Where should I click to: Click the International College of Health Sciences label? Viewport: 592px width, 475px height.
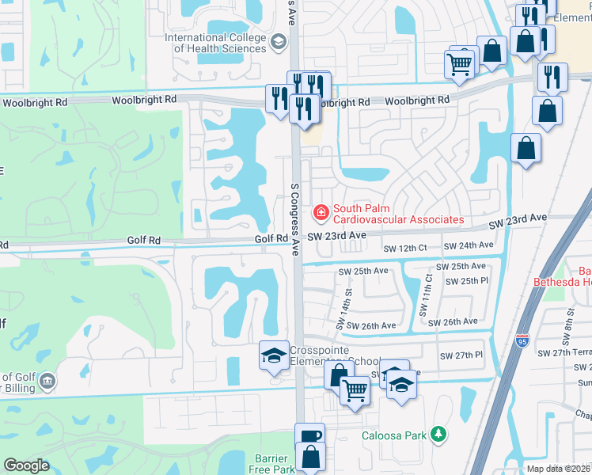pyautogui.click(x=215, y=43)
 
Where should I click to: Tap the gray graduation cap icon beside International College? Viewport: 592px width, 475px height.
pyautogui.click(x=278, y=42)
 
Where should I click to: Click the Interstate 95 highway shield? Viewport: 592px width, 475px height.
pyautogui.click(x=522, y=342)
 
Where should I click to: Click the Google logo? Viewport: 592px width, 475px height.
pyautogui.click(x=26, y=465)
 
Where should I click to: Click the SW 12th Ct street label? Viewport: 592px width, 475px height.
pyautogui.click(x=404, y=249)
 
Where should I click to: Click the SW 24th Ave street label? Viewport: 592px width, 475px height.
pyautogui.click(x=464, y=246)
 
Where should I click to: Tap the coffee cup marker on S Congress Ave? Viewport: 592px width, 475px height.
pyautogui.click(x=309, y=436)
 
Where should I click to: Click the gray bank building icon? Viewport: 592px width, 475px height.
pyautogui.click(x=47, y=383)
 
